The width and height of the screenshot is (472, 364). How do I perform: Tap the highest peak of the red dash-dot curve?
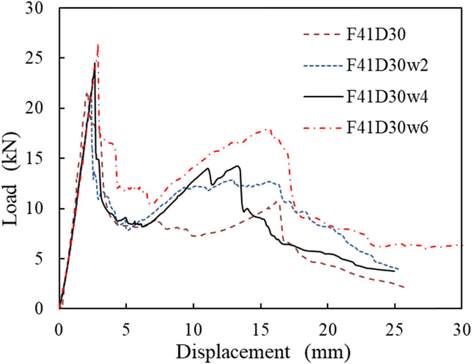tap(98, 44)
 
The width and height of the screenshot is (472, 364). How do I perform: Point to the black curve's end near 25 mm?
tap(394, 271)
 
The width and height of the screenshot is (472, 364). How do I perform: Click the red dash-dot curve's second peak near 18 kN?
tap(268, 129)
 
